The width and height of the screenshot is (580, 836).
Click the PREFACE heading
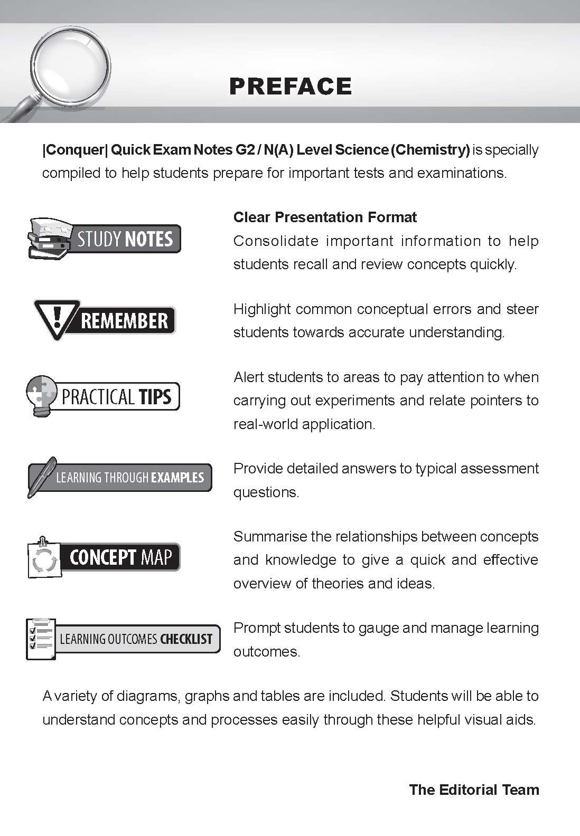(291, 86)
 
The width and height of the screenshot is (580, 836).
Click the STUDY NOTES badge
(105, 239)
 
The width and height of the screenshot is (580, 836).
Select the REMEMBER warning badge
(105, 320)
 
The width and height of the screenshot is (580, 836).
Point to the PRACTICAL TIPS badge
(104, 396)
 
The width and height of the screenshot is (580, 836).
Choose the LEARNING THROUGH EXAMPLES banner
(119, 478)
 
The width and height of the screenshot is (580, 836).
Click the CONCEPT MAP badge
(104, 557)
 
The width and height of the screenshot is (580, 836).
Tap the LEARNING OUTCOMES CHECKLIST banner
(123, 639)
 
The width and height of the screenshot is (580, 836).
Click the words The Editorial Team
(474, 790)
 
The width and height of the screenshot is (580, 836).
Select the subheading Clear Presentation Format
(325, 217)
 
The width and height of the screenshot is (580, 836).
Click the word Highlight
(263, 309)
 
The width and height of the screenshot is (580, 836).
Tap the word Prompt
(257, 628)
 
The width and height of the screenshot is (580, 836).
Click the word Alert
(249, 377)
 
